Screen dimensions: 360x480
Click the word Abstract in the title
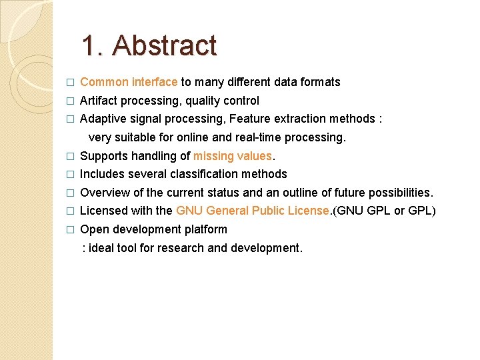coord(165,45)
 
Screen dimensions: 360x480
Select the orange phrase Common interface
coord(129,82)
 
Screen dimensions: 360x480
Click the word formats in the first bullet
coord(320,82)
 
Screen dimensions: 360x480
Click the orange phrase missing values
coord(233,156)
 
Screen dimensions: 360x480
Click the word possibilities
coord(399,193)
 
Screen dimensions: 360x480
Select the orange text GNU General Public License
coord(253,211)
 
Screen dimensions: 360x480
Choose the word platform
coord(207,229)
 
